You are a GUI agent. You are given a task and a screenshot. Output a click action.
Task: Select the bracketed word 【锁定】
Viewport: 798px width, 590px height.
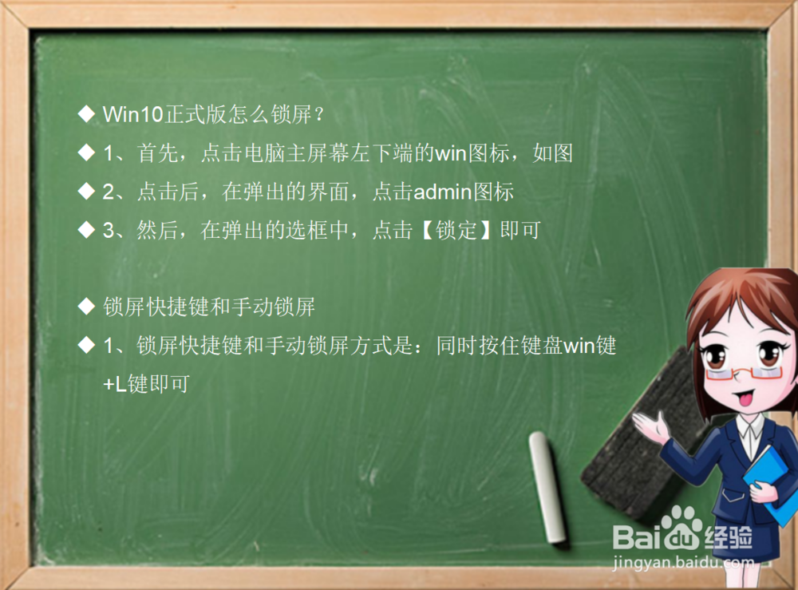(x=457, y=231)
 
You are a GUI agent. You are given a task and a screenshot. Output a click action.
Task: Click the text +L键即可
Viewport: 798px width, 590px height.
(x=146, y=384)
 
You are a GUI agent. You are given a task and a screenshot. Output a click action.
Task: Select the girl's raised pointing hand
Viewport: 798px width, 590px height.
(x=650, y=427)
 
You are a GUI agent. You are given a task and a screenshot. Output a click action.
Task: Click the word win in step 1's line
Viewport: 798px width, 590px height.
(x=449, y=153)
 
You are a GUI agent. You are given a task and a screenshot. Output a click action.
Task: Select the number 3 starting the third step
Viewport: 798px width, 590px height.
(x=109, y=231)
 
